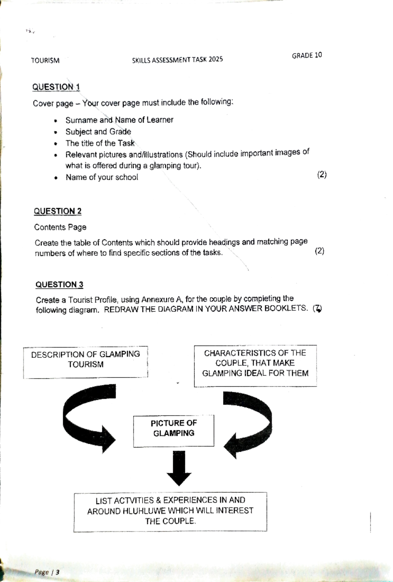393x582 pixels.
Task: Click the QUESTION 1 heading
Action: (56, 87)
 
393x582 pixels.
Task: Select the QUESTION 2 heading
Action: (58, 211)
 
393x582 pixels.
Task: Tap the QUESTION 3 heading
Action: (59, 285)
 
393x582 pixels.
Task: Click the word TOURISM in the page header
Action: (45, 61)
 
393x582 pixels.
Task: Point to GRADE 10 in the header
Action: (307, 55)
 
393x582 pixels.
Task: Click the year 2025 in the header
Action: (215, 59)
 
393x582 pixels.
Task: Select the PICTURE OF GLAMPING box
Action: (174, 431)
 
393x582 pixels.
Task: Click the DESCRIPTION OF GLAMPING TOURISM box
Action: (85, 362)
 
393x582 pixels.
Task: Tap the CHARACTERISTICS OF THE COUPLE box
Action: (255, 366)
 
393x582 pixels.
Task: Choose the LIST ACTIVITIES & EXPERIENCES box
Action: (170, 512)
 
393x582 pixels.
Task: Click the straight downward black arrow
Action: (179, 468)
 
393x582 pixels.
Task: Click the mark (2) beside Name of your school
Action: (322, 175)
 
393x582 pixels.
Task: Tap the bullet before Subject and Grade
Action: (56, 133)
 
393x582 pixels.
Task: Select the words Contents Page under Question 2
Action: (60, 227)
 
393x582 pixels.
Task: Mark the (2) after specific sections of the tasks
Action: (319, 251)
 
